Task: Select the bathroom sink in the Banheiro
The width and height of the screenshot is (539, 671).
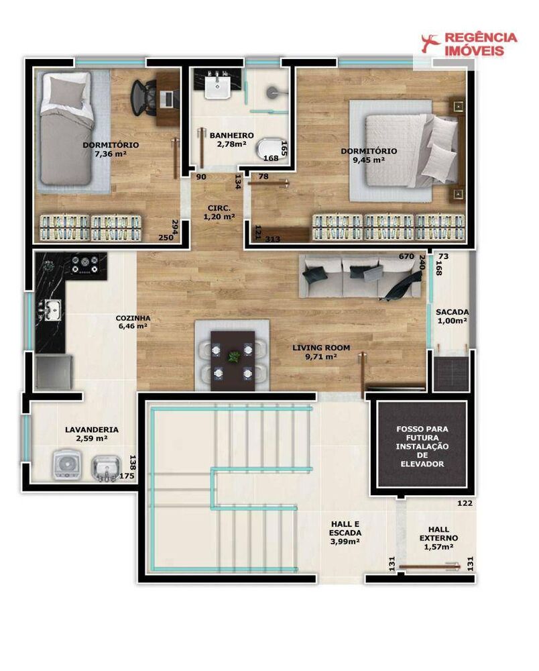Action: coord(218,87)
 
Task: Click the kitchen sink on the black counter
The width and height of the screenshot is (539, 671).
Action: coord(52,309)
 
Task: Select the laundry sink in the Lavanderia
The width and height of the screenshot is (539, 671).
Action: coord(105,467)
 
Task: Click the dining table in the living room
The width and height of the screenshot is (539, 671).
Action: coord(232,360)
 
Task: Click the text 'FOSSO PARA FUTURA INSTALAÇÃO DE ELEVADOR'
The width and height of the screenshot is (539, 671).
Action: coord(422,446)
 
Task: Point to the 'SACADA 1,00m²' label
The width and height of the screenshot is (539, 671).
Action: coord(452,316)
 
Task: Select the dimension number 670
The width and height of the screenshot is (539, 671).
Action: coord(406,256)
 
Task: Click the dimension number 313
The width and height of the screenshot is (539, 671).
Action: coord(273,239)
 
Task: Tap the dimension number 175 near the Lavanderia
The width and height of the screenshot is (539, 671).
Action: coord(127,476)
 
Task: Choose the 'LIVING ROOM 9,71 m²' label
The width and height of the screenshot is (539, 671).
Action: coord(320,352)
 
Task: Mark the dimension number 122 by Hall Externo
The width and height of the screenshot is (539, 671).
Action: coord(465,503)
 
